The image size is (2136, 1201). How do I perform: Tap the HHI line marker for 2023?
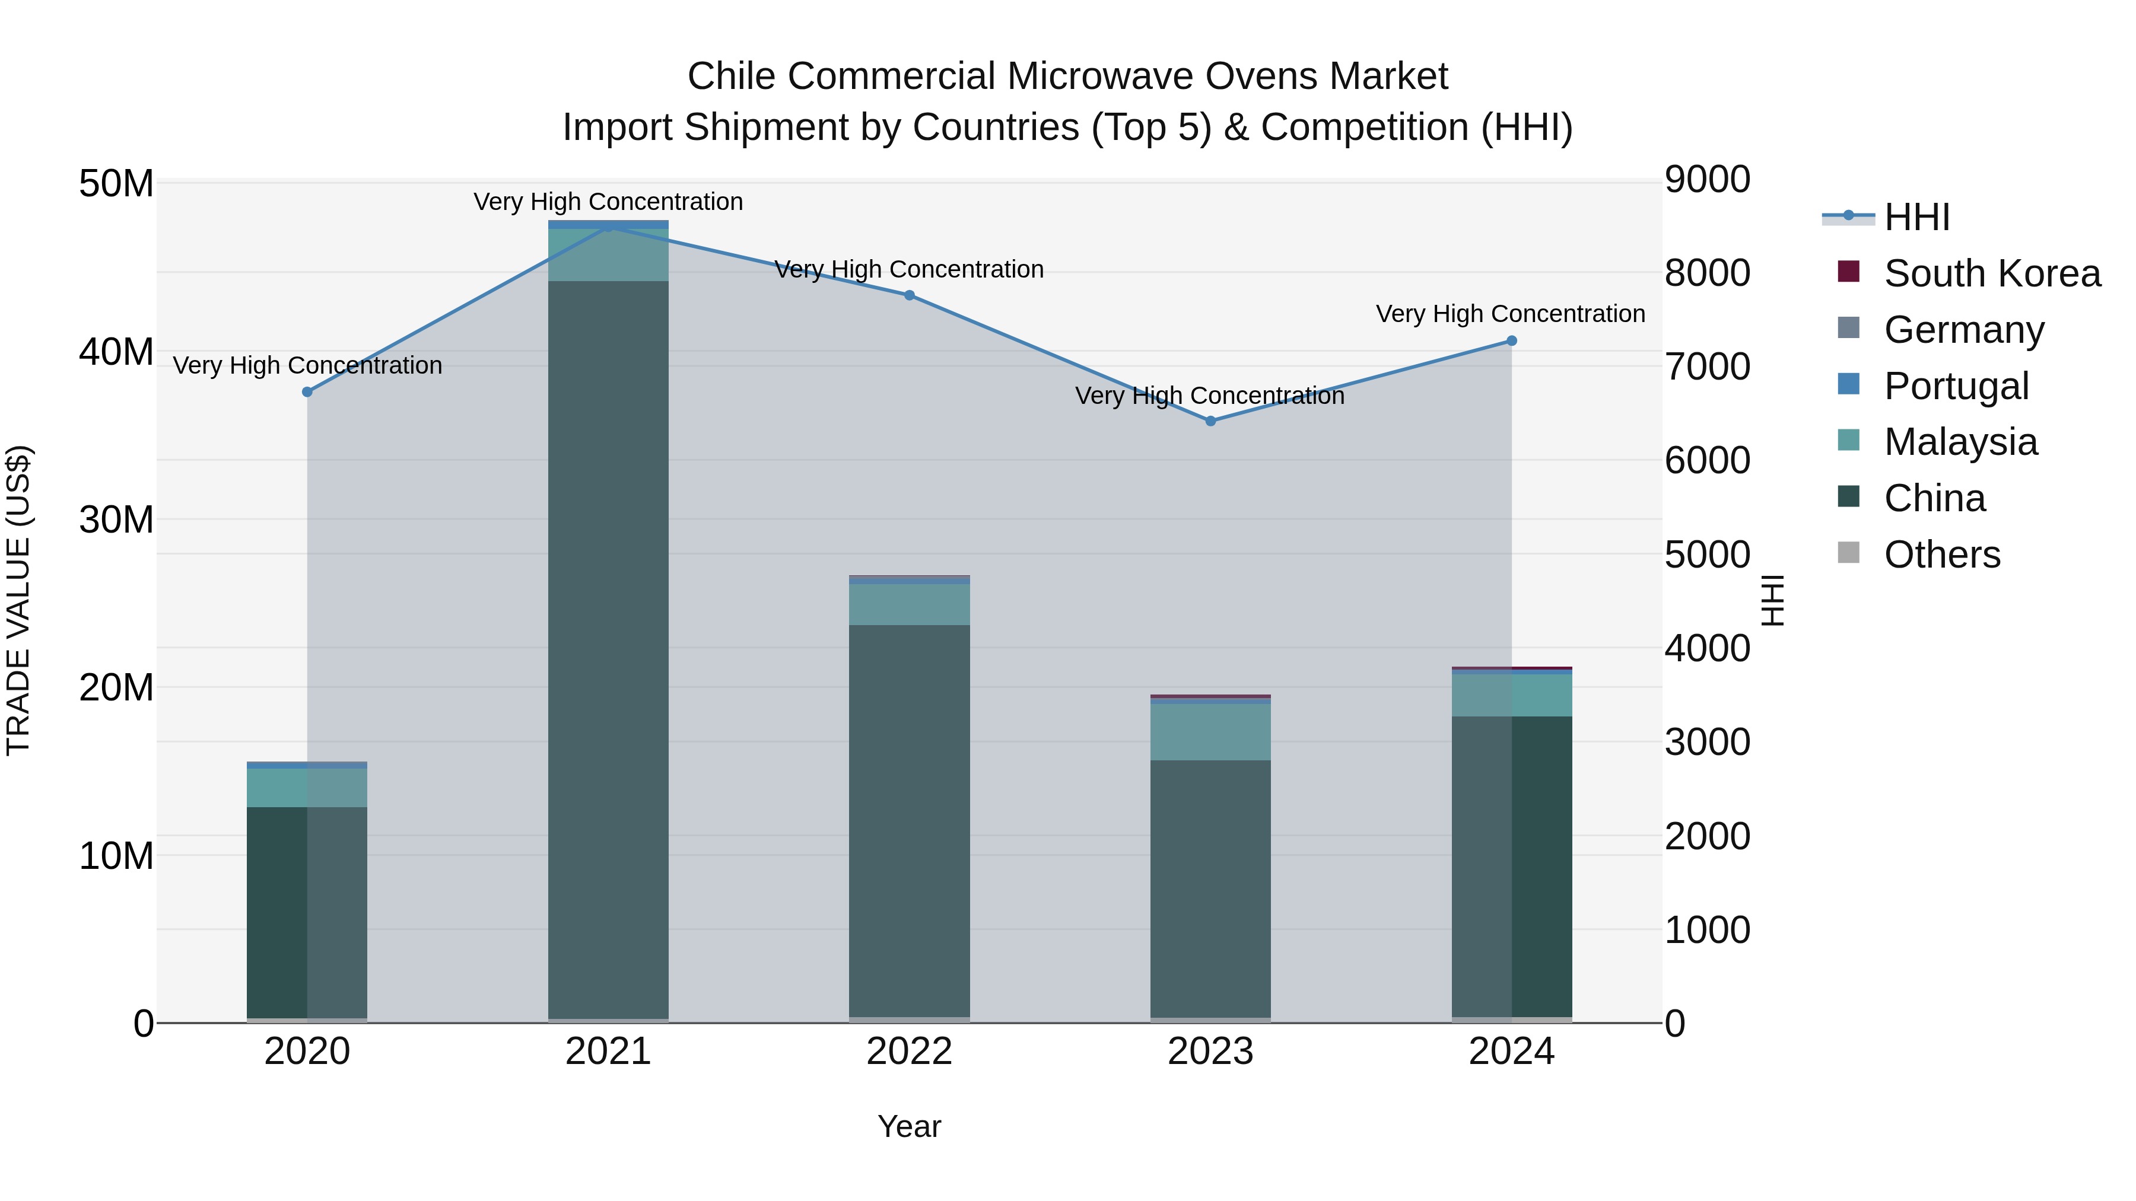pyautogui.click(x=1210, y=421)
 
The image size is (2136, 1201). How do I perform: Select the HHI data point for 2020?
pyautogui.click(x=307, y=392)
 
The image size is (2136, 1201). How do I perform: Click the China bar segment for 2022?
pyautogui.click(x=909, y=821)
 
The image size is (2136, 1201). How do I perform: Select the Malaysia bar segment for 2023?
pyautogui.click(x=1210, y=732)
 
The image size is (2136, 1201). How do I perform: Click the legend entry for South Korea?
pyautogui.click(x=1991, y=273)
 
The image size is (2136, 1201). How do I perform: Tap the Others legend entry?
pyautogui.click(x=1941, y=555)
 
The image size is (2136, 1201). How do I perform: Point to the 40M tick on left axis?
pyautogui.click(x=116, y=352)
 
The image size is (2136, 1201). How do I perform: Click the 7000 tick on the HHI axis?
pyautogui.click(x=1707, y=367)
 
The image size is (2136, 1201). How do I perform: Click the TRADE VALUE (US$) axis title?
pyautogui.click(x=18, y=600)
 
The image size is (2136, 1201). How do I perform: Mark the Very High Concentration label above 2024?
pyautogui.click(x=1510, y=314)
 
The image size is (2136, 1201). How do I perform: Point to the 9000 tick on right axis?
pyautogui.click(x=1707, y=179)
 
